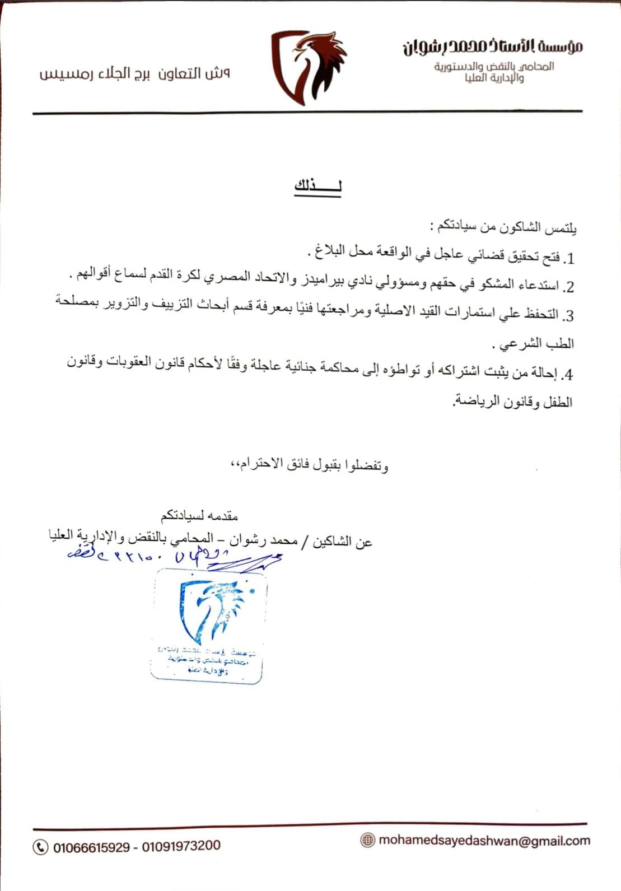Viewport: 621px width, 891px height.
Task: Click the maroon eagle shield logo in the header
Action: [x=308, y=67]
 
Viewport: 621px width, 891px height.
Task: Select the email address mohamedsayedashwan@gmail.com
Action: [x=484, y=841]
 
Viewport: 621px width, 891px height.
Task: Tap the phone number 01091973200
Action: [x=181, y=846]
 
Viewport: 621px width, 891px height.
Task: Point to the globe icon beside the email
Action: [x=367, y=840]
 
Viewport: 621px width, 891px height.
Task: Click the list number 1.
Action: [x=569, y=259]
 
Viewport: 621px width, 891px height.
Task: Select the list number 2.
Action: [x=568, y=287]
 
